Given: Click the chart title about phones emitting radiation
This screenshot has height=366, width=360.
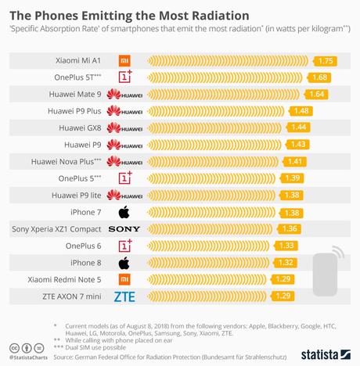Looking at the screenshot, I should [129, 15].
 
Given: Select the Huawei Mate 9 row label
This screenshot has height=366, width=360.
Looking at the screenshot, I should [72, 94].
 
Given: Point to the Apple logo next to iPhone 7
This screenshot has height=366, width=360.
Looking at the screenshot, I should [124, 212].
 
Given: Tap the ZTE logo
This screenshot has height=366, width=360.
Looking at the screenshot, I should [124, 296].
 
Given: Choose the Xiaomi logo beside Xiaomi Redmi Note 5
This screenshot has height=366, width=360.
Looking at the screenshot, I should [124, 279].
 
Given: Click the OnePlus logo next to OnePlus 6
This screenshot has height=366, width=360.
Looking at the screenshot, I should [124, 246].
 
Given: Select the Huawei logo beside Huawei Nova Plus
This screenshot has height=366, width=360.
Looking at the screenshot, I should [124, 161].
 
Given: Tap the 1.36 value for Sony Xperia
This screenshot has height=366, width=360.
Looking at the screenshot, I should [290, 228].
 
